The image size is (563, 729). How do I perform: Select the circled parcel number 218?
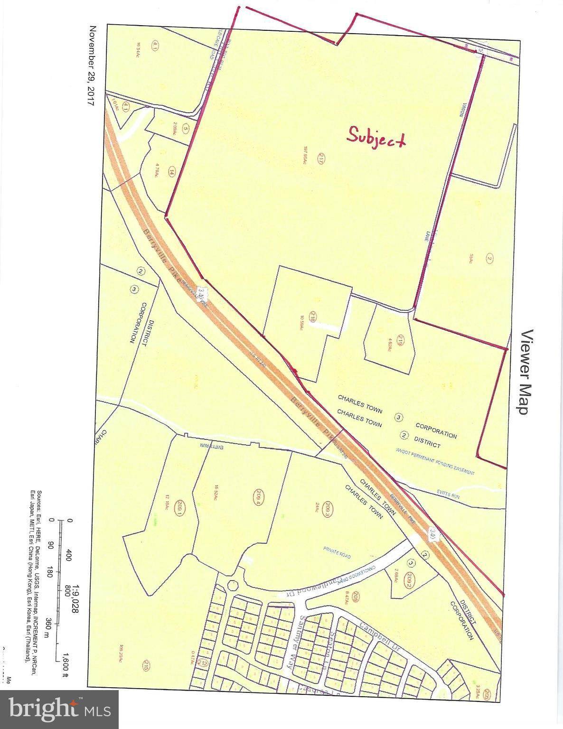tap(313, 316)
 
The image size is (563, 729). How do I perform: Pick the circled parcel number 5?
tap(186, 128)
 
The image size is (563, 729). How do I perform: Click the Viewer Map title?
tap(527, 372)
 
